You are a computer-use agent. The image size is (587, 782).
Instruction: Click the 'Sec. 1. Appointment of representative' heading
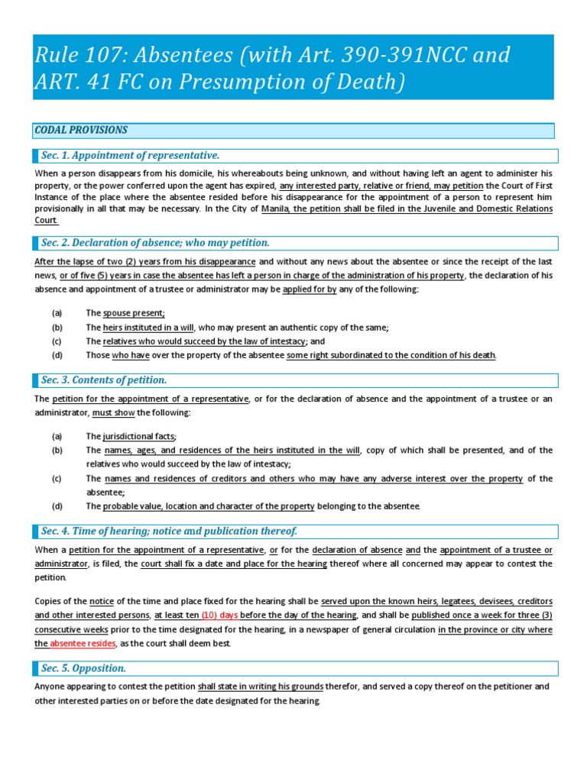pyautogui.click(x=130, y=156)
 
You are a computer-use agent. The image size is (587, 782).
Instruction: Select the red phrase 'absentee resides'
pyautogui.click(x=83, y=644)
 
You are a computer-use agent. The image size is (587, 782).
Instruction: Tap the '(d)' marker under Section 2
pyautogui.click(x=57, y=355)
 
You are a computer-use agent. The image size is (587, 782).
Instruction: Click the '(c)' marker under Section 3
pyautogui.click(x=57, y=479)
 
